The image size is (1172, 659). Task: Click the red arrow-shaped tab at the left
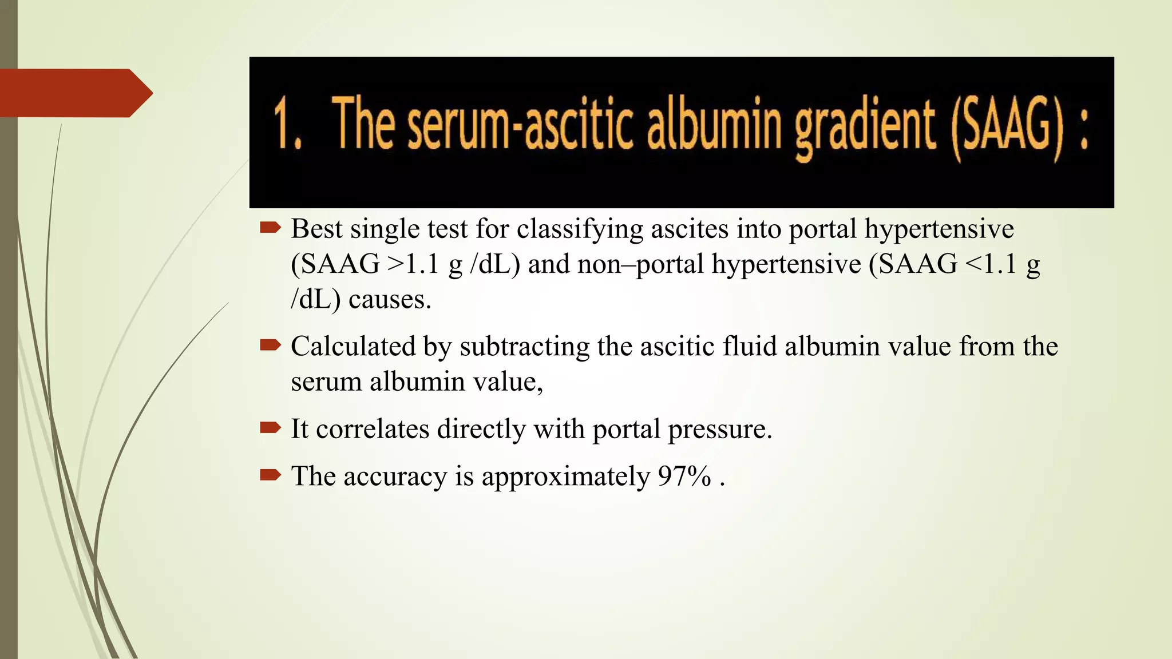point(74,93)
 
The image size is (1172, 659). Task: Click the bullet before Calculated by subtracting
point(270,346)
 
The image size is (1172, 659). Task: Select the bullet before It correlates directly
point(270,428)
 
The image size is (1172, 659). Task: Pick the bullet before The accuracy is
point(270,475)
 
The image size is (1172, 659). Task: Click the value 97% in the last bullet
point(684,476)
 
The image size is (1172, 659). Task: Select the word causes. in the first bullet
point(390,300)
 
